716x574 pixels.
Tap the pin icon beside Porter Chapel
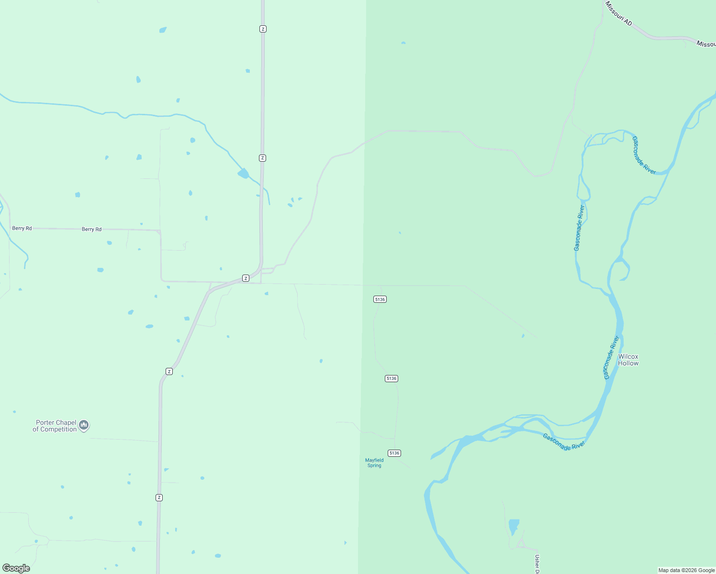[84, 425]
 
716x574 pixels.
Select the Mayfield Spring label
[374, 463]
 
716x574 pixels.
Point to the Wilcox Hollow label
[628, 360]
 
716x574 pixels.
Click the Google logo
[16, 568]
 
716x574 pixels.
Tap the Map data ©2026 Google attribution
[686, 570]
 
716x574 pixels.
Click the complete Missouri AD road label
[618, 13]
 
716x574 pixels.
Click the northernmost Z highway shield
[263, 29]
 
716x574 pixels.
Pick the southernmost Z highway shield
[159, 497]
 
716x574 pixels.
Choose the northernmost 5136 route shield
[380, 299]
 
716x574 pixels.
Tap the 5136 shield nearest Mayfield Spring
[394, 453]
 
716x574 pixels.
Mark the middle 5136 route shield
[391, 378]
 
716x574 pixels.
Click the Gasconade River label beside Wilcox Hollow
[612, 357]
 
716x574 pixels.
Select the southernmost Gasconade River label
[564, 442]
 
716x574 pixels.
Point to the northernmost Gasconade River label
[644, 155]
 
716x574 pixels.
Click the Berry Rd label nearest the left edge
[22, 228]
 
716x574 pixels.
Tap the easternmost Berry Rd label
[91, 229]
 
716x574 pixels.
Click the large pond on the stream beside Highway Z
[244, 173]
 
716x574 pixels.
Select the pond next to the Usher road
[514, 526]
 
